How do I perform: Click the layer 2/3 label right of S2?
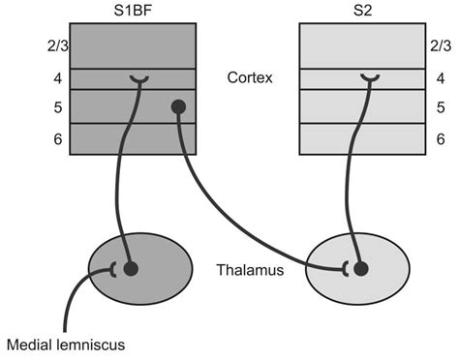coord(441,45)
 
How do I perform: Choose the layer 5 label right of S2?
coord(441,106)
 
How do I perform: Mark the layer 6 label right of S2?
coord(441,138)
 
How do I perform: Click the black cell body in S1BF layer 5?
coord(178,106)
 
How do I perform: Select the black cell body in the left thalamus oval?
coord(130,267)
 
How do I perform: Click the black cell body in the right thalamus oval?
coord(360,267)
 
